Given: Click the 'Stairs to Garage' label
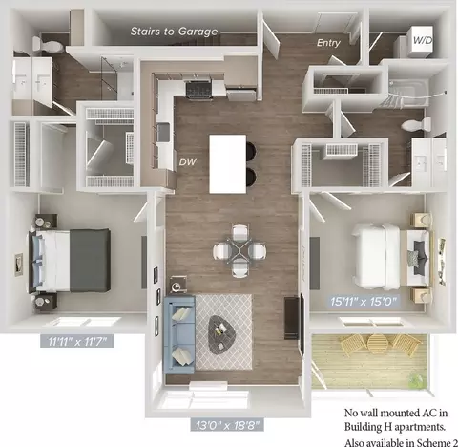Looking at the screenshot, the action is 174,32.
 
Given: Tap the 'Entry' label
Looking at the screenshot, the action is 328,43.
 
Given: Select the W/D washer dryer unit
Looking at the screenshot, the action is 420,41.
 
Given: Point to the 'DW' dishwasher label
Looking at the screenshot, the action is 187,161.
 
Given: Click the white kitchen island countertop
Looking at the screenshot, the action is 228,164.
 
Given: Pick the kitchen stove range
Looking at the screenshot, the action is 198,90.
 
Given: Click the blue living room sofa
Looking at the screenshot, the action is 178,334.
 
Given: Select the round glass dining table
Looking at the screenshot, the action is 239,251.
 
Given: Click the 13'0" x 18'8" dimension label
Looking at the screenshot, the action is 227,425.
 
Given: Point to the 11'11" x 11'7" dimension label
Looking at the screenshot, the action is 77,341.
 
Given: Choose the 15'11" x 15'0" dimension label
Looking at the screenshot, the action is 364,301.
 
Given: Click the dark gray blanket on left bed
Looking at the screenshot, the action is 91,260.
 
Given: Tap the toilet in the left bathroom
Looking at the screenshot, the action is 48,46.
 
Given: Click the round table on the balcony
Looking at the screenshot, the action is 378,343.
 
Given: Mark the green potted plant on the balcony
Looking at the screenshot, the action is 416,379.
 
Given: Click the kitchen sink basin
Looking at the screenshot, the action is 164,132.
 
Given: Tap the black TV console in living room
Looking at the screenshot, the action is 291,318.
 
